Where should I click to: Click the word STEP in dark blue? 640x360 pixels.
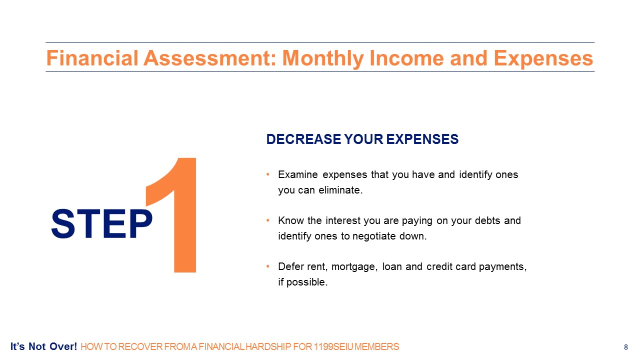point(101,223)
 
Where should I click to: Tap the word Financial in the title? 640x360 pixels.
point(92,58)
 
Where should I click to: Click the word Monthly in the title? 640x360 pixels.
point(323,59)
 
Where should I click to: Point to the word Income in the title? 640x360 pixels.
point(407,58)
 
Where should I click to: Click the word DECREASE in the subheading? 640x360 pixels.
point(303,139)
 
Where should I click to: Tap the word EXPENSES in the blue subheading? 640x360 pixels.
point(422,139)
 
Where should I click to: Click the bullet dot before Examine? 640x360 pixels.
point(267,174)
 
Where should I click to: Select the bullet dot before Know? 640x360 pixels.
point(267,220)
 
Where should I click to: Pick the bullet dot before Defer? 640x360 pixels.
point(267,266)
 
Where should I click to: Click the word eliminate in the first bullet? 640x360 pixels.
point(340,190)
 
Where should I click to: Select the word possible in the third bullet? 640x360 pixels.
point(307,282)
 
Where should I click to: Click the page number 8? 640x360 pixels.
point(626,347)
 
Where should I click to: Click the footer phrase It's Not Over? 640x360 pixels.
point(43,346)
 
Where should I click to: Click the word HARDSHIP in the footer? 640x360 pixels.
point(268,347)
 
